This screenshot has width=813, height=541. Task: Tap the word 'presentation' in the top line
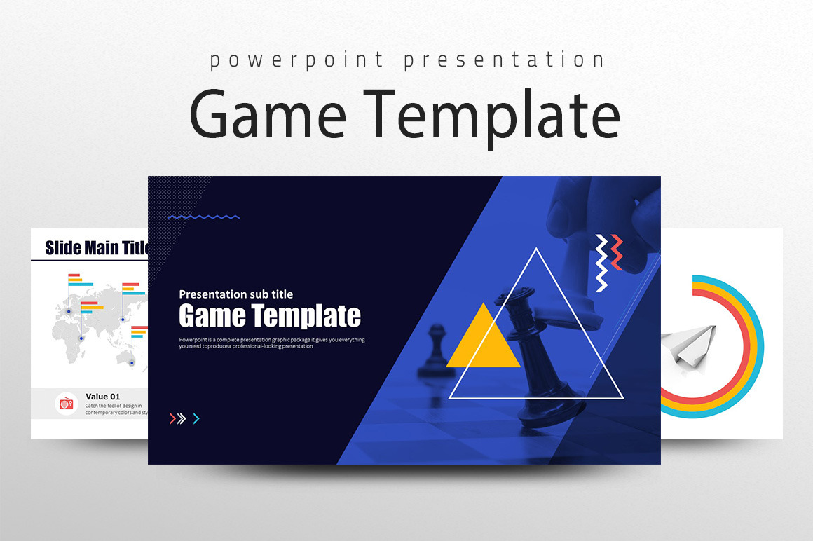pyautogui.click(x=504, y=60)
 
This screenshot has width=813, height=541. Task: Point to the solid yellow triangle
pyautogui.click(x=484, y=341)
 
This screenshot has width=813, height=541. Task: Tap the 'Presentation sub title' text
pyautogui.click(x=236, y=294)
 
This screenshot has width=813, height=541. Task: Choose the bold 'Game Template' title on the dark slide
pyautogui.click(x=270, y=316)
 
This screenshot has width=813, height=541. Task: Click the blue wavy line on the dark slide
pyautogui.click(x=204, y=217)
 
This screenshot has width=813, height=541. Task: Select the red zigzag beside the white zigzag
pyautogui.click(x=617, y=252)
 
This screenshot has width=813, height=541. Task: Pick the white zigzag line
pyautogui.click(x=601, y=264)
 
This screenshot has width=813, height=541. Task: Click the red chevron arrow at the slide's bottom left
pyautogui.click(x=172, y=419)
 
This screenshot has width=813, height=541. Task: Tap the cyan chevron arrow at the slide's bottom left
pyautogui.click(x=196, y=419)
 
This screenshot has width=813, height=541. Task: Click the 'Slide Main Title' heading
pyautogui.click(x=97, y=247)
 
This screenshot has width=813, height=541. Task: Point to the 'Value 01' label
pyautogui.click(x=103, y=397)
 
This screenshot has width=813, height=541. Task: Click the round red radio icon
pyautogui.click(x=66, y=404)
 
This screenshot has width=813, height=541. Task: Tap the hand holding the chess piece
pyautogui.click(x=603, y=217)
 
